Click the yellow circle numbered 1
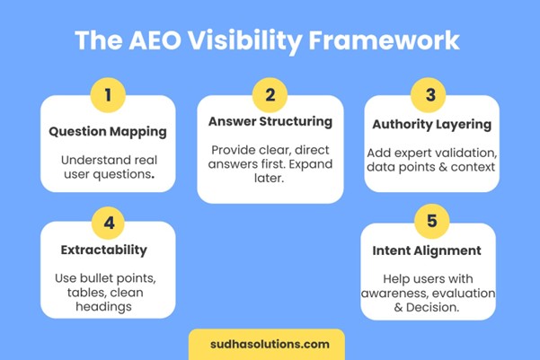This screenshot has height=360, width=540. tap(108, 94)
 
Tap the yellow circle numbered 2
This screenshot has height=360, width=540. tap(269, 94)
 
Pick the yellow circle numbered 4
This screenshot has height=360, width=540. tap(108, 221)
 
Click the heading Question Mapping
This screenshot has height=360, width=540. tap(108, 131)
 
